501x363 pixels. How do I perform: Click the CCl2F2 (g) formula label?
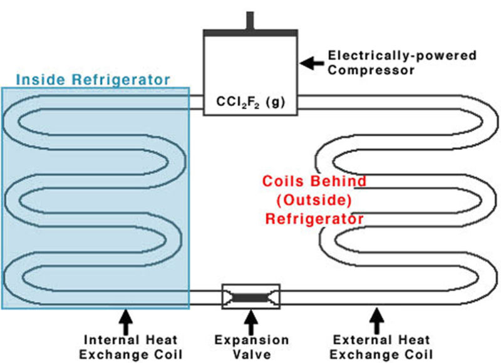tap(250, 102)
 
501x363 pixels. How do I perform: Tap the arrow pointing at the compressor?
tap(312, 63)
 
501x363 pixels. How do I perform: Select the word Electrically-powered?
tap(402, 56)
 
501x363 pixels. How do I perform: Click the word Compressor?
tap(371, 70)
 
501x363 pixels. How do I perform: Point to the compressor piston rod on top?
tap(250, 21)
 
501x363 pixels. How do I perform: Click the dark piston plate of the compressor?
tap(250, 33)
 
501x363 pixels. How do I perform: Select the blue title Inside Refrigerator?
tap(93, 80)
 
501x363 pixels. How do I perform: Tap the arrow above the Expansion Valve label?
tap(252, 322)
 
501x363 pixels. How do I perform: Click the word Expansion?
tap(252, 340)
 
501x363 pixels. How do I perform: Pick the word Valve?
tap(252, 354)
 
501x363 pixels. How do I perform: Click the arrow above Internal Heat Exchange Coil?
tap(126, 322)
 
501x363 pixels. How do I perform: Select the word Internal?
tap(111, 340)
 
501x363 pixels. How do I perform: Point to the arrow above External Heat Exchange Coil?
tap(377, 321)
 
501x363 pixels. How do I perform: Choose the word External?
tap(361, 340)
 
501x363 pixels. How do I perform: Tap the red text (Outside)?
tap(314, 200)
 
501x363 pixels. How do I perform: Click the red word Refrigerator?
tap(314, 219)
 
